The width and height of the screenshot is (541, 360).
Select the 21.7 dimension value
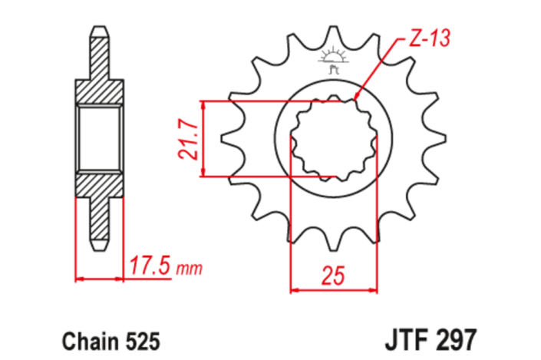pos(187,138)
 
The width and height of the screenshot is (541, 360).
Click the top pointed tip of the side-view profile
pos(100,28)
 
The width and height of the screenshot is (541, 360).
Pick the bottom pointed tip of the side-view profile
pos(100,249)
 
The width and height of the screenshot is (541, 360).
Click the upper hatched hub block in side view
pos(100,91)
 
